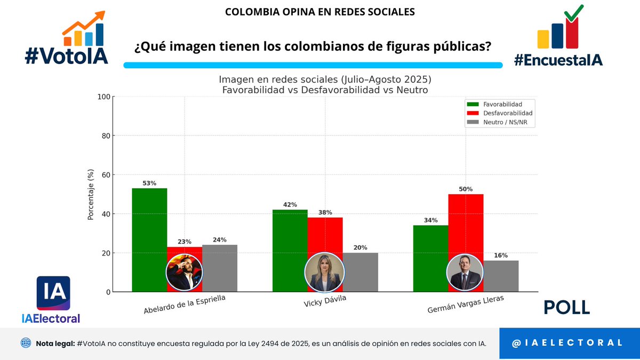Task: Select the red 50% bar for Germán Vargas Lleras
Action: point(466,224)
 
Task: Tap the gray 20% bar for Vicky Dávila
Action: point(360,272)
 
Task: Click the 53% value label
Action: point(149,183)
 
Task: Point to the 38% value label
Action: point(325,212)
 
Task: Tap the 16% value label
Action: point(500,255)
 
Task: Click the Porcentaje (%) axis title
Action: point(91,195)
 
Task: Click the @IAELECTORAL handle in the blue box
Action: point(567,343)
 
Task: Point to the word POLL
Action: point(566,307)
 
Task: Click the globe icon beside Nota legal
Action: point(26,343)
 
